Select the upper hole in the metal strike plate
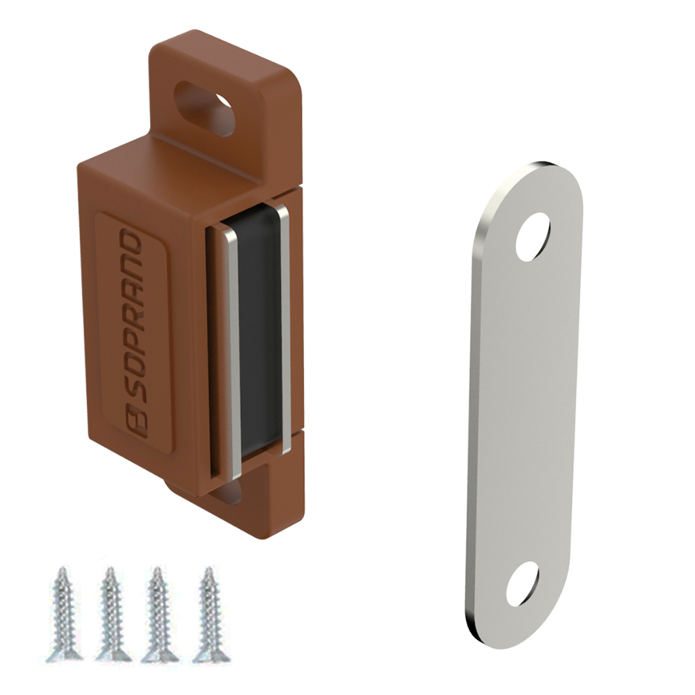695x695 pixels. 533,237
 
